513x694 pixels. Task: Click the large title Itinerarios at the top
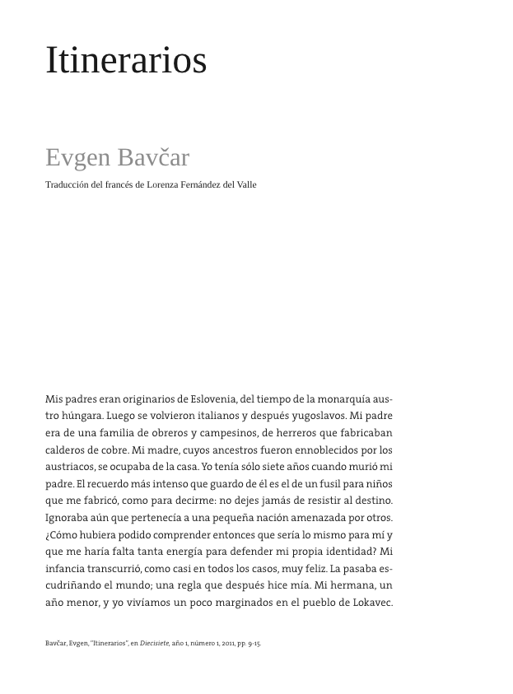pos(126,61)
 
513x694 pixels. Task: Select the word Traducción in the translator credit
pos(66,184)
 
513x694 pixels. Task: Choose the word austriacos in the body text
pos(70,467)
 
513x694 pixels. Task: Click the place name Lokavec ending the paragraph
pos(370,602)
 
